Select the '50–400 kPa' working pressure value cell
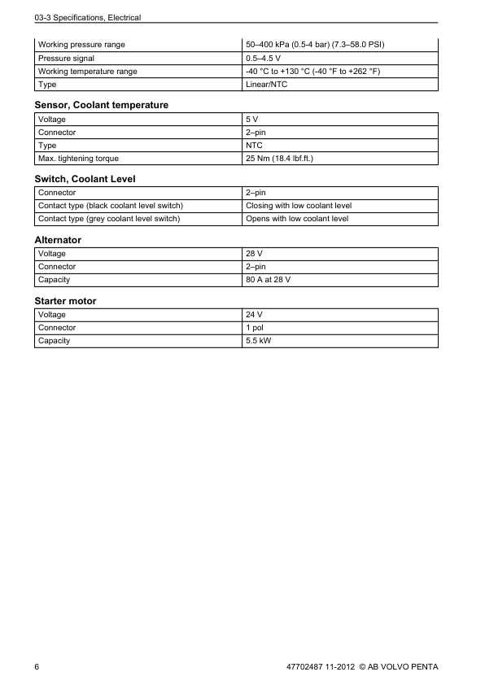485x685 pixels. point(314,44)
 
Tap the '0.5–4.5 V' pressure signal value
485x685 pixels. point(264,58)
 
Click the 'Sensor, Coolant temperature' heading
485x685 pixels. point(102,105)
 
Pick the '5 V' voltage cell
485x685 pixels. point(252,119)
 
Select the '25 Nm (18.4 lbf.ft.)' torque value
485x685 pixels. point(279,158)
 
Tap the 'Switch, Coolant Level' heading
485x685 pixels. point(85,178)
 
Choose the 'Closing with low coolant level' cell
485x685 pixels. point(298,206)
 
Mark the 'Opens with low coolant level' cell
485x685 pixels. point(296,219)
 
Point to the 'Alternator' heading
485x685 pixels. point(58,240)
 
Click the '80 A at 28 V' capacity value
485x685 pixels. point(268,280)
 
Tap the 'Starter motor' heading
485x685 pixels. point(65,301)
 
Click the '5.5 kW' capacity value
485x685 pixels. point(258,341)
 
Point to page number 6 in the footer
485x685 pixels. point(37,667)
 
